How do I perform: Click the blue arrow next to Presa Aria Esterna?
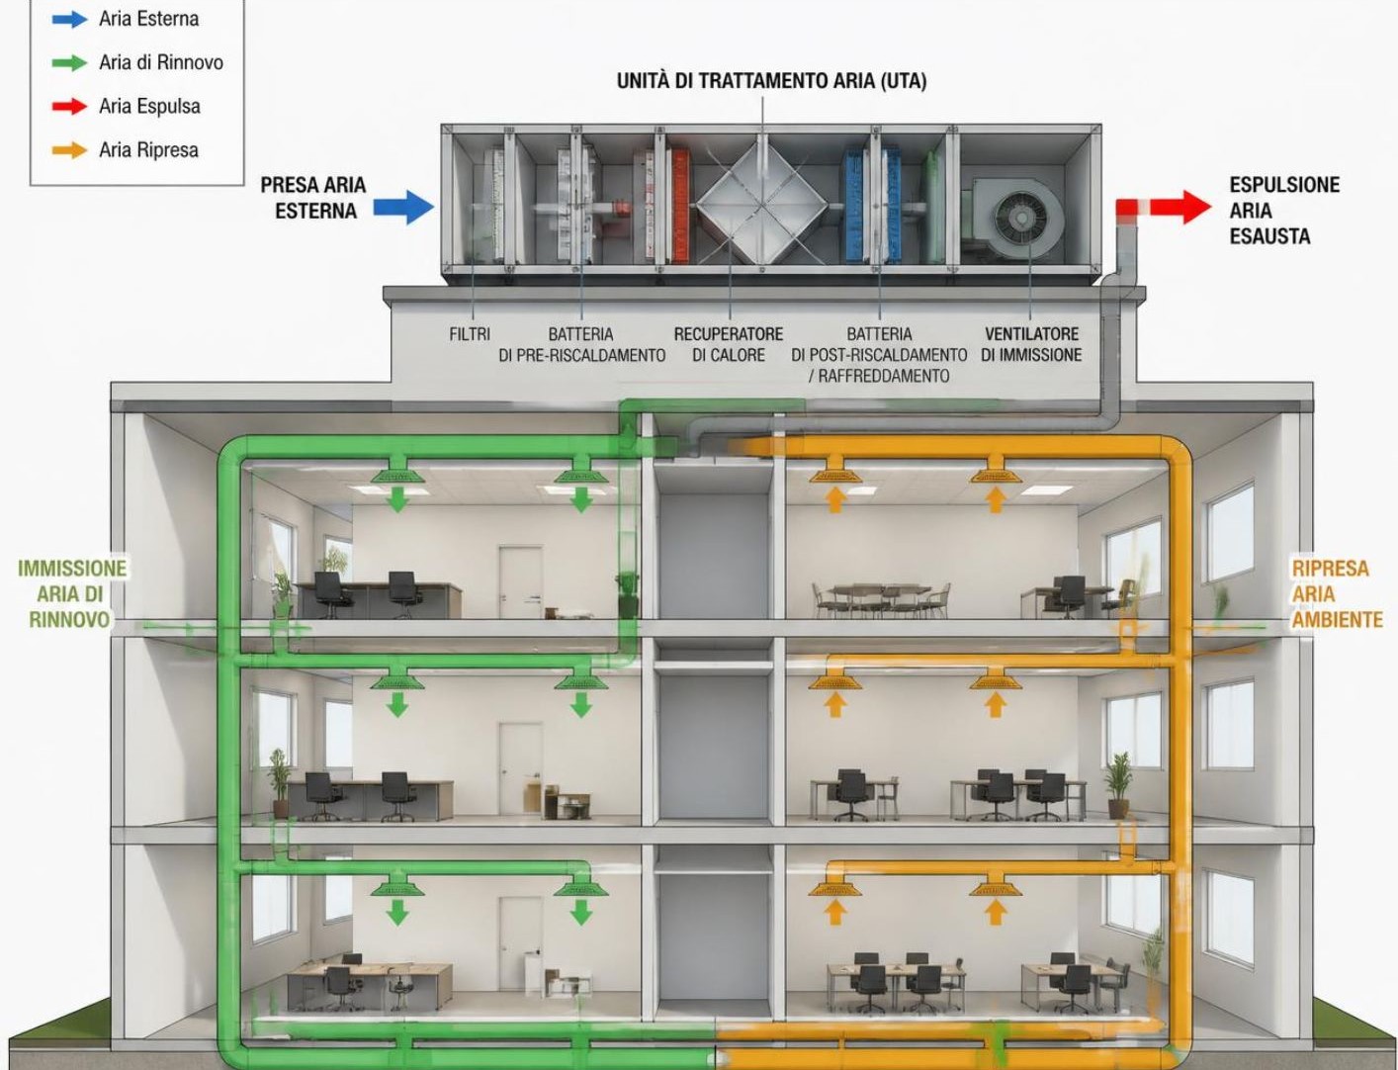403,207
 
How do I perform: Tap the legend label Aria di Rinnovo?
161,62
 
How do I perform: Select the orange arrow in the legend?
69,150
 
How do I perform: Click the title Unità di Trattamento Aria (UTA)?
771,81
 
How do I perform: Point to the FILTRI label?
470,334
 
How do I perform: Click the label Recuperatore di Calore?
729,344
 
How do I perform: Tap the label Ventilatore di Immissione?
1031,344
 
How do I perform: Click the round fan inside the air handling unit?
1020,219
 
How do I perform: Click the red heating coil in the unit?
679,205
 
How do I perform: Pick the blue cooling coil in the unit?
854,205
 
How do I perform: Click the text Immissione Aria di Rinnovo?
71,593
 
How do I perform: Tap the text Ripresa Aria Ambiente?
1337,593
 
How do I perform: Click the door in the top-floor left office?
520,581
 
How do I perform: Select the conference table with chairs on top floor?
881,598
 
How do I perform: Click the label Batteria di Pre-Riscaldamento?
581,344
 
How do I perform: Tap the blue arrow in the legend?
69,19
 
